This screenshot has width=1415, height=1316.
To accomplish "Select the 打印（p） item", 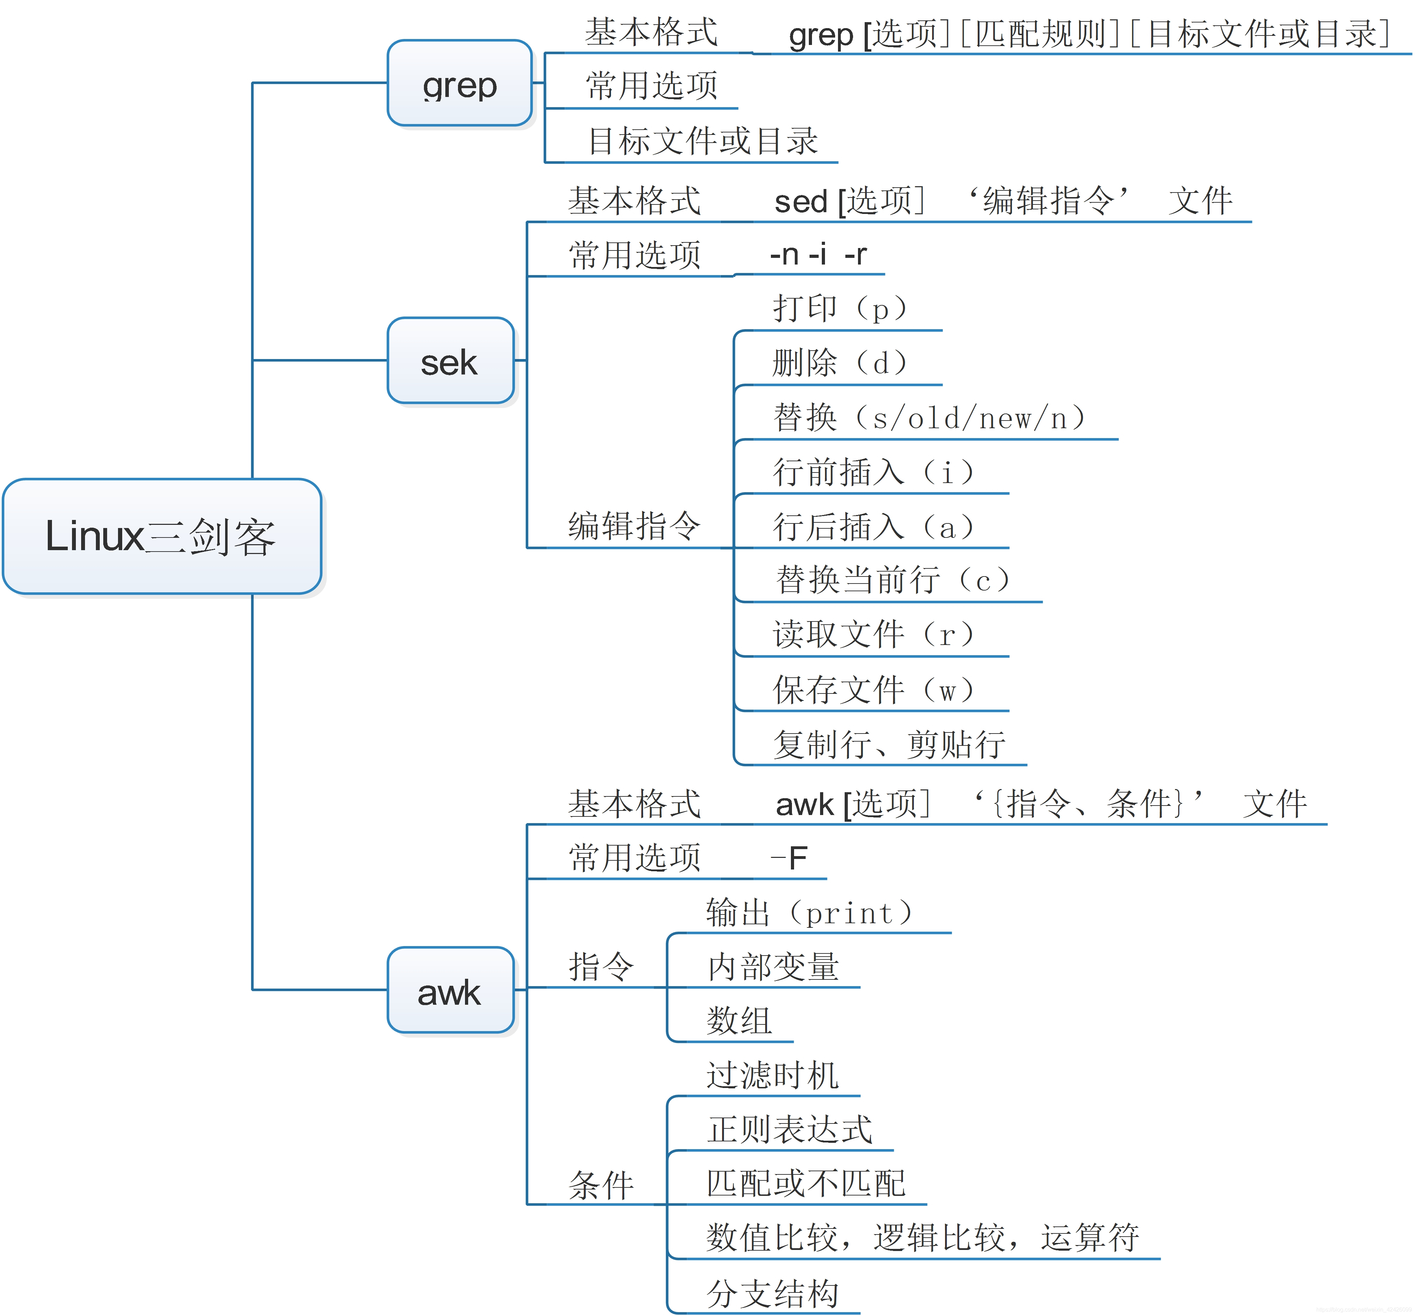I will pos(840,308).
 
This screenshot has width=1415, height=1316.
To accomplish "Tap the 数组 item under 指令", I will pos(739,1021).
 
